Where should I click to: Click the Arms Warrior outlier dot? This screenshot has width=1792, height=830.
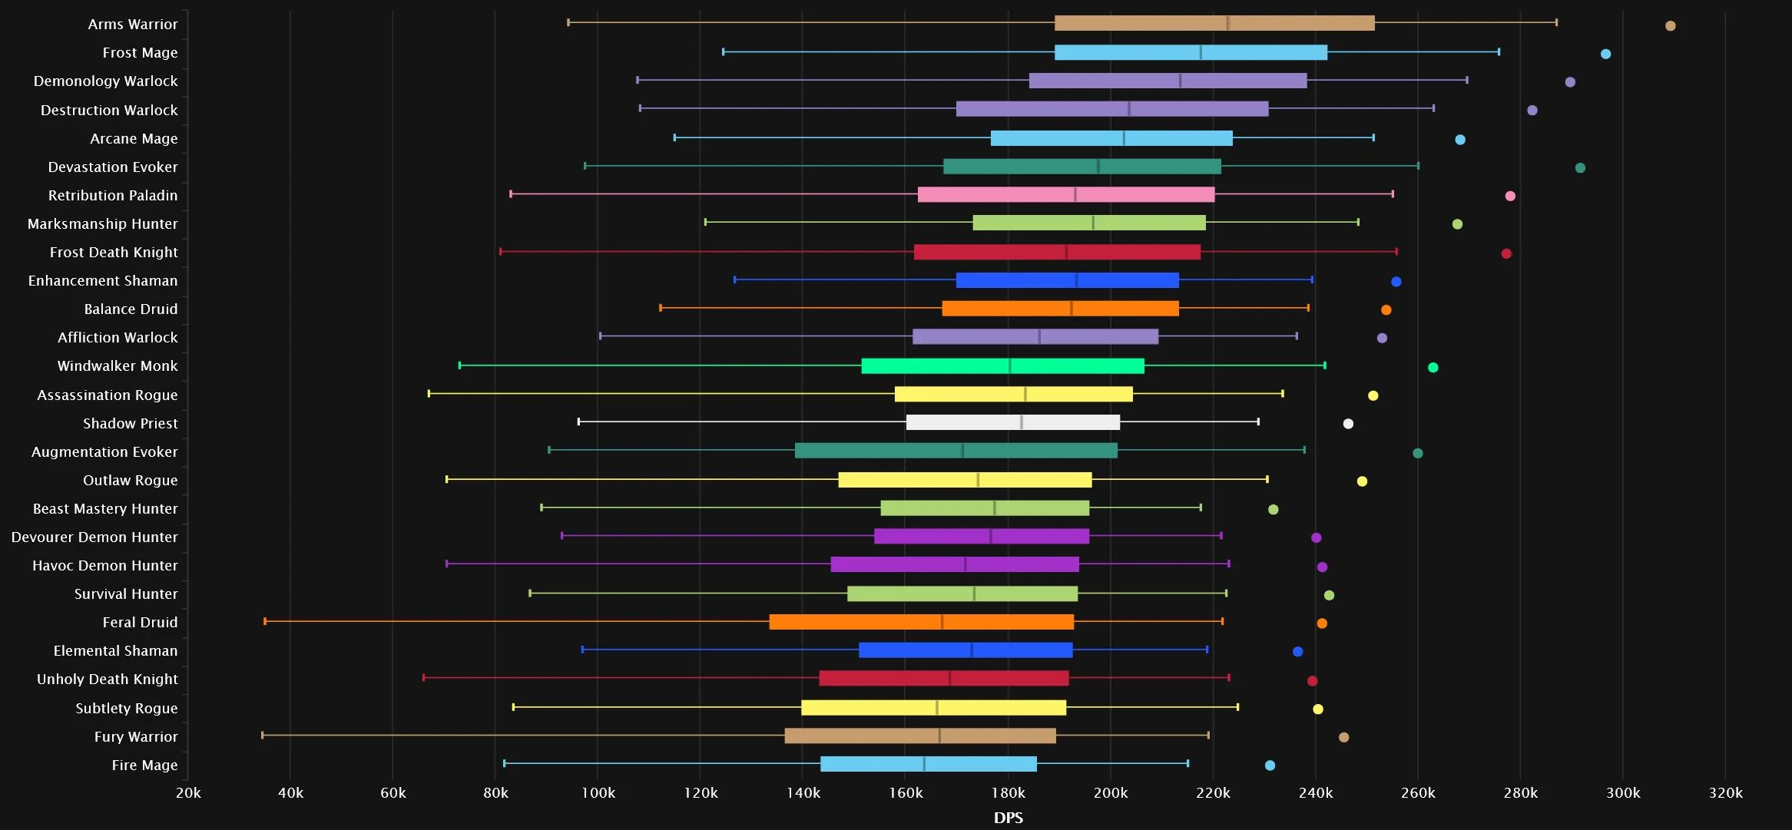1670,25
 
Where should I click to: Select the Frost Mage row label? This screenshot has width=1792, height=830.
140,52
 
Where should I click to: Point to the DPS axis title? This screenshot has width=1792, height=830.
1009,817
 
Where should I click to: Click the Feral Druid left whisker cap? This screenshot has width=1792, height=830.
265,621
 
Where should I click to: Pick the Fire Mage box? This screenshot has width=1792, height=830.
929,764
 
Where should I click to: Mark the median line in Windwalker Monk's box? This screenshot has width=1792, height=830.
1010,365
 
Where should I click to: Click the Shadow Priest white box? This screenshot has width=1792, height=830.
1013,422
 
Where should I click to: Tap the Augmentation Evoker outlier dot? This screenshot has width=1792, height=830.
1418,453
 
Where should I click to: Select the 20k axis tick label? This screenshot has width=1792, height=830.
188,792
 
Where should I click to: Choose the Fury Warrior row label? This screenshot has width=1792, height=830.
136,736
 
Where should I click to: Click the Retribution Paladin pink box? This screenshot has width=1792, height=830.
1066,194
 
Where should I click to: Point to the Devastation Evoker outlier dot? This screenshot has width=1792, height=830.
1580,167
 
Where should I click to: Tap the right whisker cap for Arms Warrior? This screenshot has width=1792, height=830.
1556,22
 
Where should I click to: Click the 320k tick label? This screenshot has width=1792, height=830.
1725,792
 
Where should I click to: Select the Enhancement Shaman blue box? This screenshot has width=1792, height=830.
1068,280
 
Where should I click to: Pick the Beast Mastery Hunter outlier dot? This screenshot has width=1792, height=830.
1273,509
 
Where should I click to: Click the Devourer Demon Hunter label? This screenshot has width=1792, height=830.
94,537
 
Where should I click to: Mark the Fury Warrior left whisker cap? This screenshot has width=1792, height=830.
263,735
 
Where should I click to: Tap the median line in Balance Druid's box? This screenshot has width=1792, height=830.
1072,308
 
